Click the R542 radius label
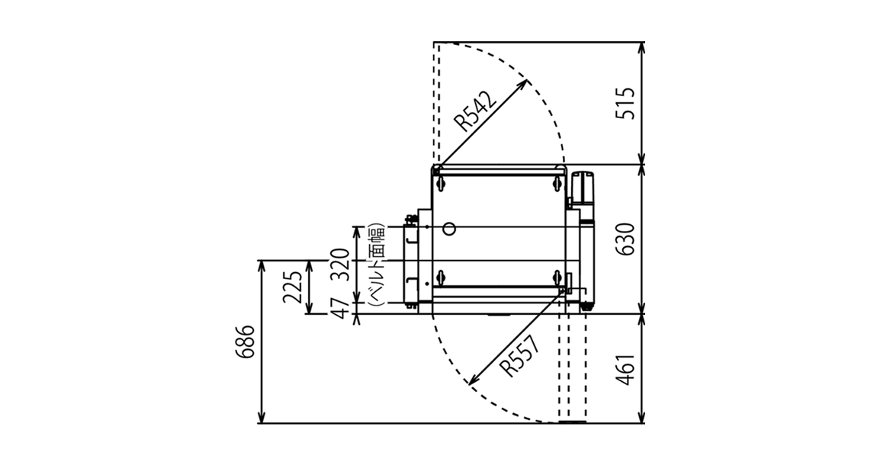coord(475,111)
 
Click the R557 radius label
coord(521,355)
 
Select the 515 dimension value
coord(625,103)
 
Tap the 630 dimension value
coord(625,239)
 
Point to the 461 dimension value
coord(625,369)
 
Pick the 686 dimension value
coord(247,342)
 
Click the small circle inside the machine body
coord(449,228)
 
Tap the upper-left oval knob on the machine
coord(441,182)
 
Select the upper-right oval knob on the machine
coord(557,182)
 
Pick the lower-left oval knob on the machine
coord(441,276)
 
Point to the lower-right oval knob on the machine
coord(557,276)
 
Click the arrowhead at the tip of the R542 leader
coord(524,83)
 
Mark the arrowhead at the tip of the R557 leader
coord(471,382)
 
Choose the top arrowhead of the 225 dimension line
coord(307,266)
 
